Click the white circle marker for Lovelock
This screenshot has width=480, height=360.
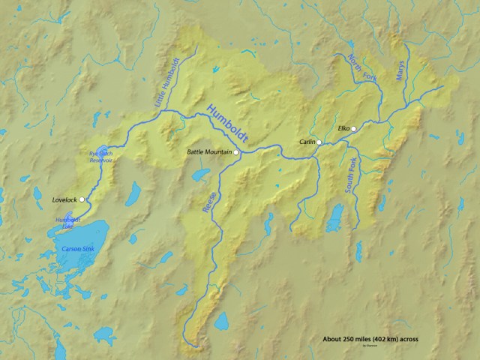point(82,199)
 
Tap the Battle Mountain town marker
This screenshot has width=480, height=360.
point(237,153)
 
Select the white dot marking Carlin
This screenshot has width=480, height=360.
point(319,142)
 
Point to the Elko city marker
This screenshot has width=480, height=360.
point(354,128)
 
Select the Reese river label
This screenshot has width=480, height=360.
point(210,205)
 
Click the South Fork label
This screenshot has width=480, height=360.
point(349,178)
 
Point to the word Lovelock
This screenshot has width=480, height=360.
point(64,200)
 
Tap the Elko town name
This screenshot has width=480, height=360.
point(344,128)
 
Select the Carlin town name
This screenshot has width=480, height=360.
point(307,142)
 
